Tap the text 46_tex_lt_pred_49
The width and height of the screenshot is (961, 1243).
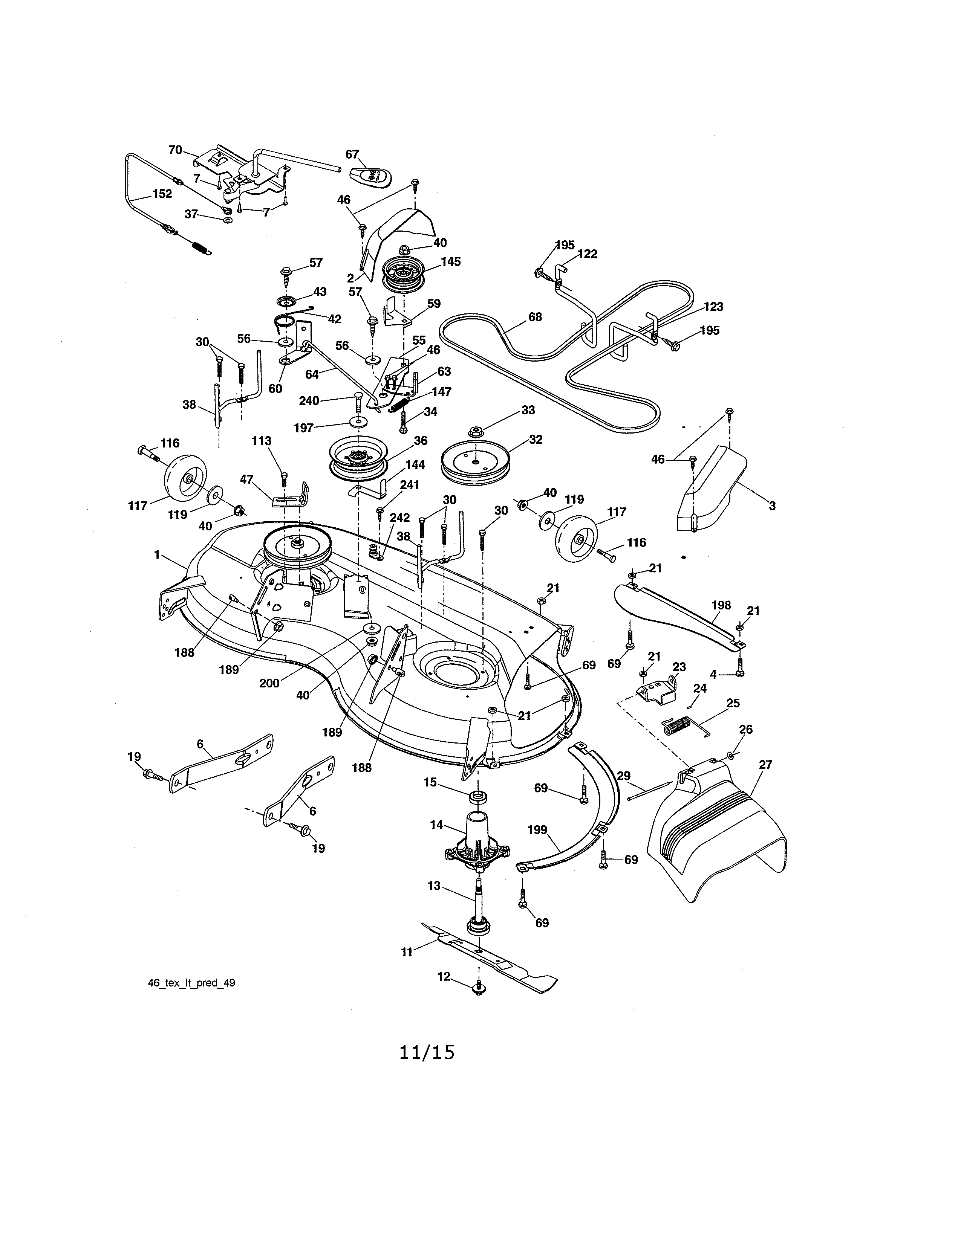(x=191, y=983)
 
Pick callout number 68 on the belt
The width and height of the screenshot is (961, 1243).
(x=535, y=317)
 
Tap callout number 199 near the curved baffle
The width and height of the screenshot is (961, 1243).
(x=537, y=830)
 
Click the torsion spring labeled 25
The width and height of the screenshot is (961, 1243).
(x=680, y=726)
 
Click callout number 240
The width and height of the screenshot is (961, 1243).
(x=309, y=401)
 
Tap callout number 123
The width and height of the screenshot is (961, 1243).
(x=713, y=307)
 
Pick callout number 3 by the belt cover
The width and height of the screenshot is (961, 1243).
(x=772, y=505)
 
